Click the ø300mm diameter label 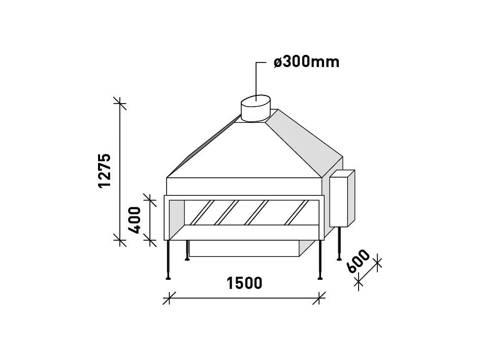pyautogui.click(x=307, y=62)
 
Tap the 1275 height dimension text pyautogui.click(x=105, y=171)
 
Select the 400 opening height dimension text pyautogui.click(x=135, y=220)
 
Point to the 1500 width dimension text pyautogui.click(x=244, y=283)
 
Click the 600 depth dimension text pyautogui.click(x=359, y=261)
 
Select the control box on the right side pyautogui.click(x=342, y=199)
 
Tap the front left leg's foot pyautogui.click(x=168, y=277)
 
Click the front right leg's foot pyautogui.click(x=320, y=277)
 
